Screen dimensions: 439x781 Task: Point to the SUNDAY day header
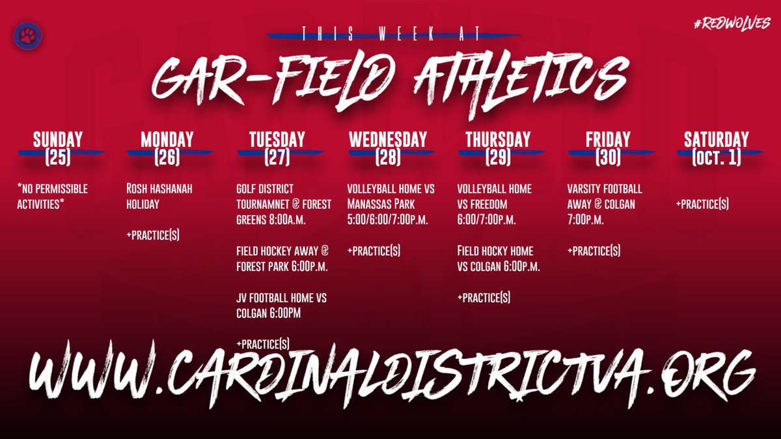tap(58, 139)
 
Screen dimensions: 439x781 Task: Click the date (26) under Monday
tap(167, 156)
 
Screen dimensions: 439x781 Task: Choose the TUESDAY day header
tap(277, 139)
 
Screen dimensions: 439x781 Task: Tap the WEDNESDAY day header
tap(388, 139)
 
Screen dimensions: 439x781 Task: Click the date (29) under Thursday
tap(497, 156)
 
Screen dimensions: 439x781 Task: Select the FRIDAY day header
tap(607, 139)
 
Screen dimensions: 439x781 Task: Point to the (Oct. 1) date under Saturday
tap(716, 157)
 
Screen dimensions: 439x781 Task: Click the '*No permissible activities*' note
tap(53, 196)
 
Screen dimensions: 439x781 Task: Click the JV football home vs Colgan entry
tap(281, 304)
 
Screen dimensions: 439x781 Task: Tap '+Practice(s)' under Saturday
tap(703, 204)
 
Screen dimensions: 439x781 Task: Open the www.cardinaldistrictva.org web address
tap(390, 374)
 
